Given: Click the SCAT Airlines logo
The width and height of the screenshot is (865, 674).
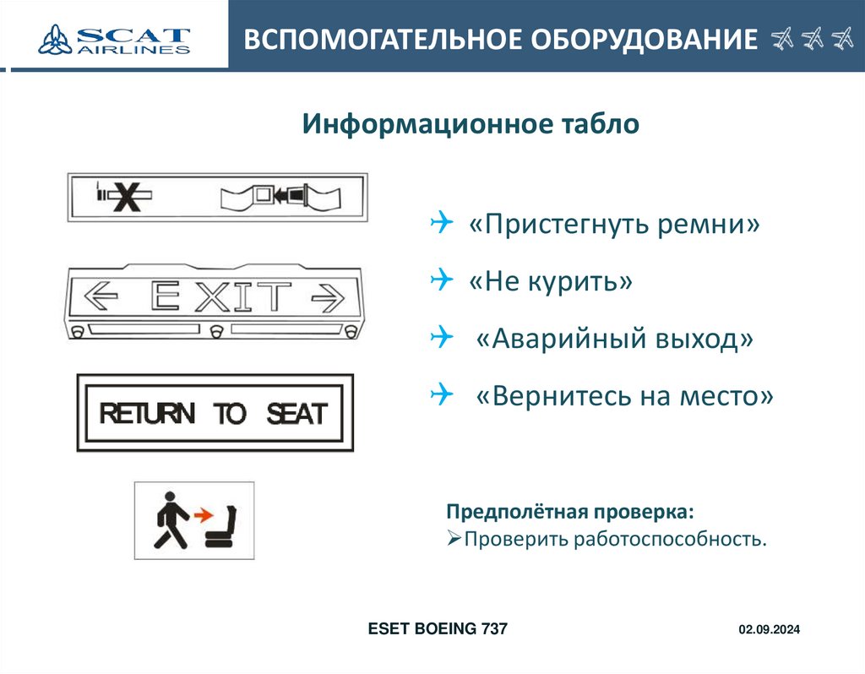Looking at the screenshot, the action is pos(114,40).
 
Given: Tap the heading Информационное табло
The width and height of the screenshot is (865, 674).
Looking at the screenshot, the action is pos(471,125).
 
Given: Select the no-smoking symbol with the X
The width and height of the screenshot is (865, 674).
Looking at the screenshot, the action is pos(125,197).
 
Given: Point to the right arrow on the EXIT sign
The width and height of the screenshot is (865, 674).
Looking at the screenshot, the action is pos(329,296).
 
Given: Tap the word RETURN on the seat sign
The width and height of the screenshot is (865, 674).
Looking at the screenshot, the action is pos(147,414).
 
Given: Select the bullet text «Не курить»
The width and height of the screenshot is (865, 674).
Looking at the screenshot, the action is pos(550,281).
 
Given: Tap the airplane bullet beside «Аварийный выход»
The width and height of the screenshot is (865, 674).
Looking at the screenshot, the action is pos(441,337).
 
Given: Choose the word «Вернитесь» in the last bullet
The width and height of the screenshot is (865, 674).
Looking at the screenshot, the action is pos(541,394).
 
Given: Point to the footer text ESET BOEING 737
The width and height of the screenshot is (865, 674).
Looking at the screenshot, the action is pos(438,628).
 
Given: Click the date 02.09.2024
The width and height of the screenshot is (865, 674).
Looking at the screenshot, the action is pos(769,630).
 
